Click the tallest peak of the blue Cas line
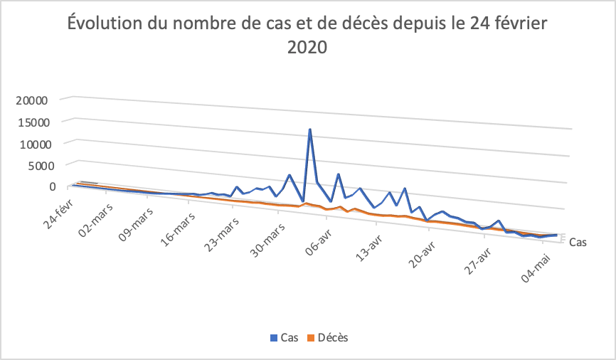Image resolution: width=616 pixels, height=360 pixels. pyautogui.click(x=309, y=129)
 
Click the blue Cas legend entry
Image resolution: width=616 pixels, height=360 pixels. pyautogui.click(x=285, y=337)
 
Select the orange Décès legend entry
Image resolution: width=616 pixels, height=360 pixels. pyautogui.click(x=328, y=337)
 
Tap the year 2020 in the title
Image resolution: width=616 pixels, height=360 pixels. pyautogui.click(x=307, y=48)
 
